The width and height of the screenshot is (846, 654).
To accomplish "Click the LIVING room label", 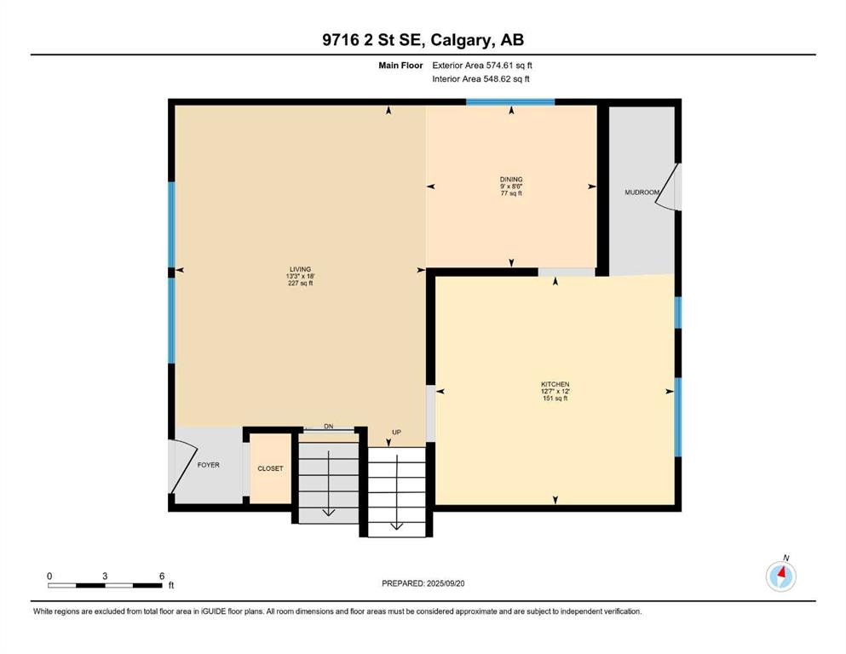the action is point(301,269).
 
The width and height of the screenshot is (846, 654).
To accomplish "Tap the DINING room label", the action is point(511,180).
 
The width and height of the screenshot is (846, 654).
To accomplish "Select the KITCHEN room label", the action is point(555,384).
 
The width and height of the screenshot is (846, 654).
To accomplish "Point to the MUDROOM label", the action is point(642,192).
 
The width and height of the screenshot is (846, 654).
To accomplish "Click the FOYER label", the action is point(208,465).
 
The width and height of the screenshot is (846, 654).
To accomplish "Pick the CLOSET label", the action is point(270,468).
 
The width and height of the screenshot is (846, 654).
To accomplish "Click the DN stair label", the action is point(329,427).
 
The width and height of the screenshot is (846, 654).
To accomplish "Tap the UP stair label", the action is point(396,433).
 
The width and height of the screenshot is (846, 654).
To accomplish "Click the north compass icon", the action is point(780,576).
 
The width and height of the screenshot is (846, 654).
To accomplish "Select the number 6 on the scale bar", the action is point(162,576).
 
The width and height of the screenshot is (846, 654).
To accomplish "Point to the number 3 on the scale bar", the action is point(105,576).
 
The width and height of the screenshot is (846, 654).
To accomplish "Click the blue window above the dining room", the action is point(510,102).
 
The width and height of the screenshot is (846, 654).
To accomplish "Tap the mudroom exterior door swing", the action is point(668,186).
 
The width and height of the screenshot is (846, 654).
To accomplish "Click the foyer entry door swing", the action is point(183,467).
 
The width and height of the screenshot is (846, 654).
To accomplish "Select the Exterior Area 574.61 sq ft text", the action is point(482,66).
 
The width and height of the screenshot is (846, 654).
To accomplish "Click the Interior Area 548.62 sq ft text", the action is point(481,78).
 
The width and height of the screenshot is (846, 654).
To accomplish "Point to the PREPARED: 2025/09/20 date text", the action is point(423,583).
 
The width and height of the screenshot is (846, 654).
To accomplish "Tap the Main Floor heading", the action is point(400,66).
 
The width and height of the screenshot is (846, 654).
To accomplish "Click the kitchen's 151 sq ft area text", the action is point(555,399).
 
